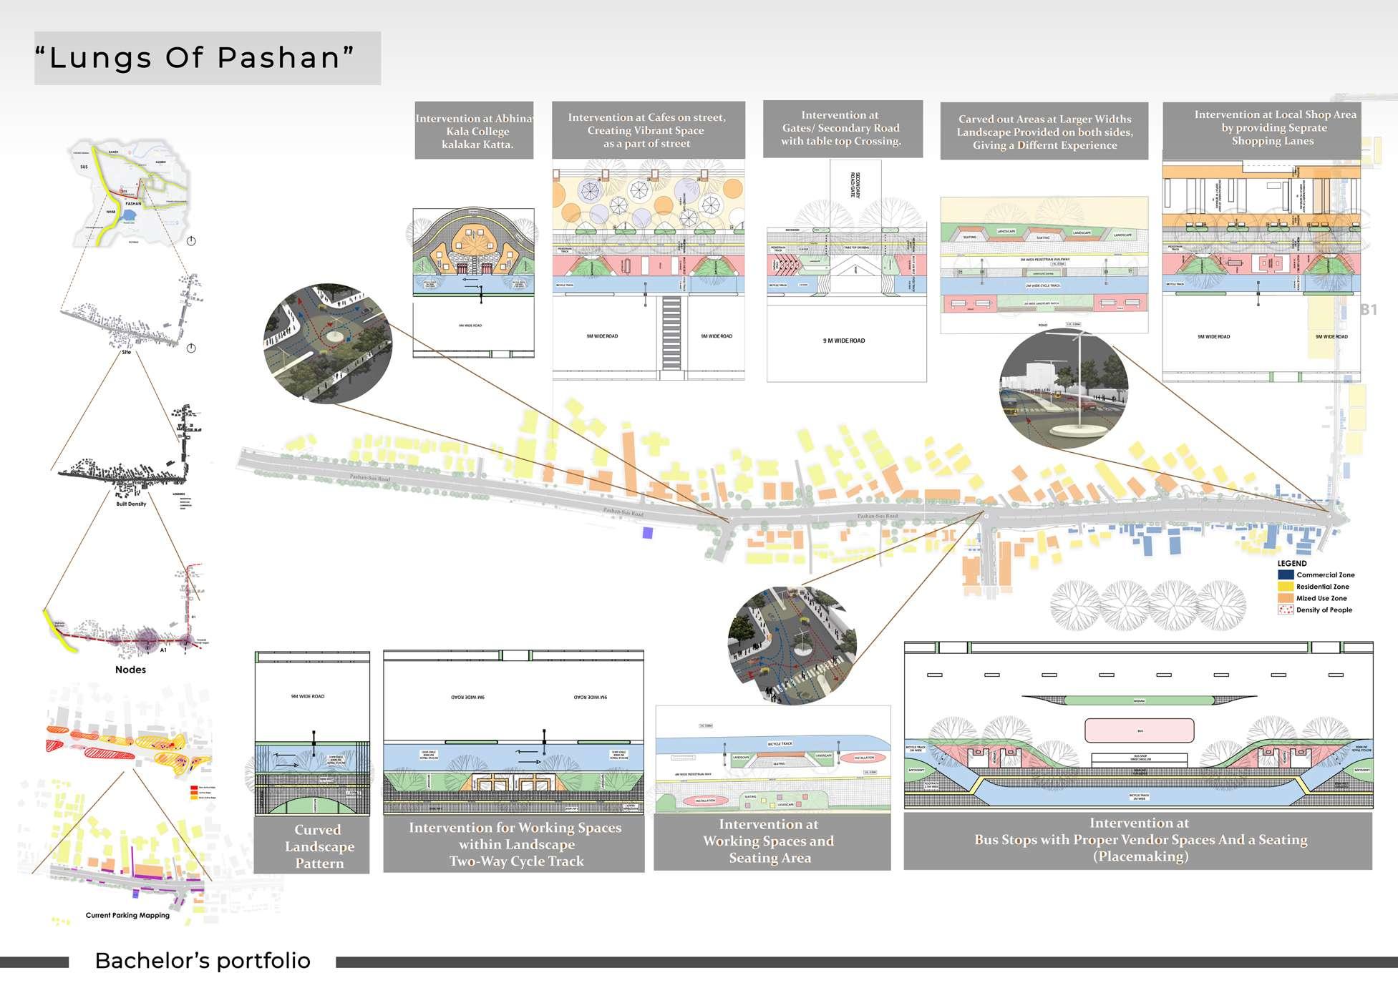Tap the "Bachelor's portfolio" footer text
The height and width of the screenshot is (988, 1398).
pyautogui.click(x=203, y=960)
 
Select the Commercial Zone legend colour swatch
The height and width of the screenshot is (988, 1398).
pyautogui.click(x=1286, y=574)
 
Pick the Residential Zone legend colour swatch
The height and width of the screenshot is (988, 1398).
pyautogui.click(x=1286, y=587)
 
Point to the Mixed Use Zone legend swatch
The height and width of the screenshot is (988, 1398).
pyautogui.click(x=1286, y=598)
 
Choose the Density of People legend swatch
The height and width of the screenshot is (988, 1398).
pyautogui.click(x=1286, y=610)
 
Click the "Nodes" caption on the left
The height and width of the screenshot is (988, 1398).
pyautogui.click(x=130, y=670)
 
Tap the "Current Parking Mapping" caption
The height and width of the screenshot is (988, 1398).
pyautogui.click(x=127, y=915)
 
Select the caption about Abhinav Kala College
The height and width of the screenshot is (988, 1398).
pyautogui.click(x=475, y=131)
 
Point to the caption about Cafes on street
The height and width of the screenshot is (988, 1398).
pyautogui.click(x=647, y=130)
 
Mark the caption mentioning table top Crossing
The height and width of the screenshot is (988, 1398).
pyautogui.click(x=841, y=128)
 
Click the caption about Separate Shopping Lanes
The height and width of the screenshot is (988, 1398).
pyautogui.click(x=1274, y=127)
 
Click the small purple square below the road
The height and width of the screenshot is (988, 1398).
pyautogui.click(x=648, y=533)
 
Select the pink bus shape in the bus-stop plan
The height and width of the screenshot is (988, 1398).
pyautogui.click(x=1140, y=730)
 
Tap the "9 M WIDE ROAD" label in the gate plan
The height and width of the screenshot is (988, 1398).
pyautogui.click(x=844, y=341)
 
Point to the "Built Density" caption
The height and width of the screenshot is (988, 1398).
pyautogui.click(x=131, y=504)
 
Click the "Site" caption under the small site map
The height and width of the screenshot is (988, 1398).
pyautogui.click(x=127, y=352)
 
